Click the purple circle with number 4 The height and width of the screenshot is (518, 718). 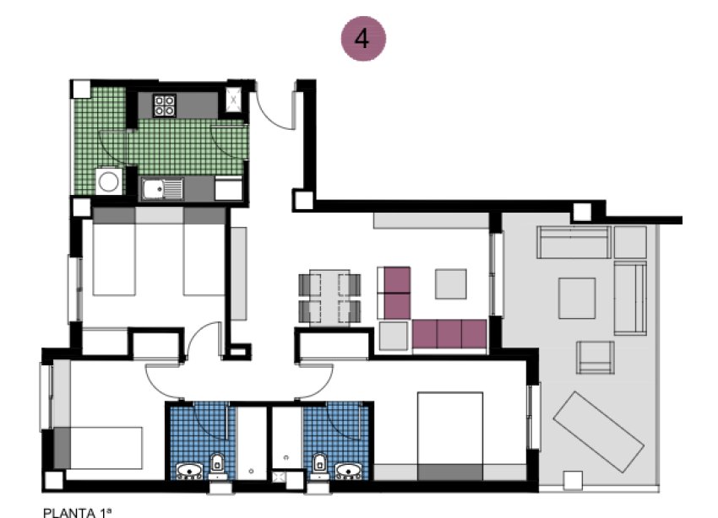[x=362, y=39]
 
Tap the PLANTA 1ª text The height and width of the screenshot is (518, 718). [x=77, y=511]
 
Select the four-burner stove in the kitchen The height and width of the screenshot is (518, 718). [x=164, y=105]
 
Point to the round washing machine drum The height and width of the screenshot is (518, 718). [x=108, y=181]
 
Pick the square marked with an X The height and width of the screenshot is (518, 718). [x=233, y=102]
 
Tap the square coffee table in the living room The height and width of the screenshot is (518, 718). [x=451, y=283]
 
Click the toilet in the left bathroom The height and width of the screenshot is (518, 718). [x=217, y=464]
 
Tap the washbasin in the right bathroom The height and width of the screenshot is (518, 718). [x=347, y=470]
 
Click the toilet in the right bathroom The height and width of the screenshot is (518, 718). [x=319, y=464]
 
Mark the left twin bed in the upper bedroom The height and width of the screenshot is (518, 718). [x=114, y=253]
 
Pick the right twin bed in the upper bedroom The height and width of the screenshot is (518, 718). [x=204, y=253]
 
